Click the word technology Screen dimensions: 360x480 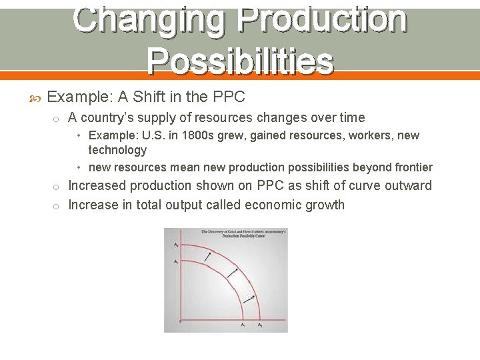(117, 150)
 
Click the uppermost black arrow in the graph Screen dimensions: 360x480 (209, 256)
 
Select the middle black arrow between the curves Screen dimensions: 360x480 (233, 273)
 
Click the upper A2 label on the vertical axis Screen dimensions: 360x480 (175, 245)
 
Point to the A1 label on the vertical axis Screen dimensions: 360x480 (175, 262)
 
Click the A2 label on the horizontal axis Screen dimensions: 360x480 (260, 325)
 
